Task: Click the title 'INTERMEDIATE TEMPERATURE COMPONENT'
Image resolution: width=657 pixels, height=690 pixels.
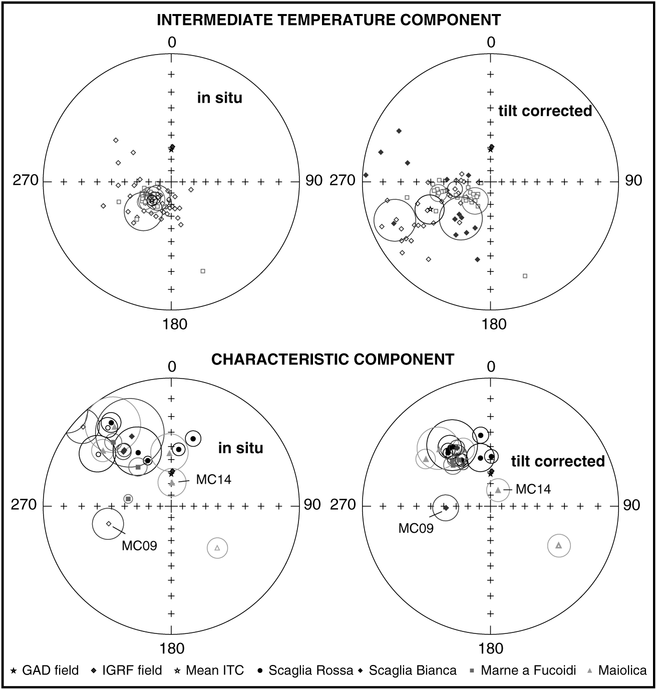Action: point(328,20)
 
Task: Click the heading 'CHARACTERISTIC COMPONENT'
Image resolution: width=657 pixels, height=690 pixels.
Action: point(333,359)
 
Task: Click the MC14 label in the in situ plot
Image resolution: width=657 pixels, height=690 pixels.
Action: point(213,479)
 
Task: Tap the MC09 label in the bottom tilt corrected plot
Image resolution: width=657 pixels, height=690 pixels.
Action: point(416,528)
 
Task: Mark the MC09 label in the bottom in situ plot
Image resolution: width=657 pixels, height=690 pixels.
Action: point(139,545)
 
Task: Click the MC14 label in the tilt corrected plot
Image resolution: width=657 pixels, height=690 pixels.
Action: point(533,489)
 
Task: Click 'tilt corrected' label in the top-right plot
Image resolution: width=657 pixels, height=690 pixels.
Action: point(545,111)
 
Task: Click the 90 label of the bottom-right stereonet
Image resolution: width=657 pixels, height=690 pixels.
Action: point(631,505)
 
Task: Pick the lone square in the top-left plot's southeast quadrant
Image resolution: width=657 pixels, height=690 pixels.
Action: point(203,271)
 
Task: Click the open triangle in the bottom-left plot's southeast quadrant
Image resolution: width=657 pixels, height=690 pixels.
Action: point(217,548)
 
